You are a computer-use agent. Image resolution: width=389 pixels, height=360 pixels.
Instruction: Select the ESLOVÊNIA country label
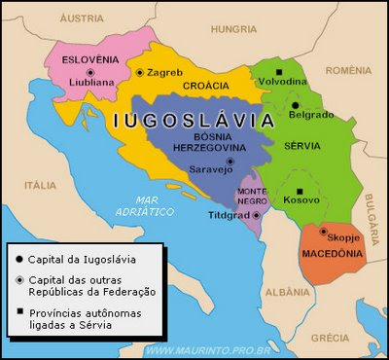[x=89, y=58]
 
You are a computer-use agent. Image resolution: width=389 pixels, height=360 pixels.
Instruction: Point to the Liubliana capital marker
[x=90, y=73]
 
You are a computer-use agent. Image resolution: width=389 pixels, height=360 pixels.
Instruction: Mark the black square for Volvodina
[x=280, y=72]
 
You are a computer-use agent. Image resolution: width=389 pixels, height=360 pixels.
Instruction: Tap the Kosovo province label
[x=301, y=200]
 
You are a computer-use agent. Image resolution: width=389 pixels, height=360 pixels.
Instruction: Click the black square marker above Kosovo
[x=301, y=190]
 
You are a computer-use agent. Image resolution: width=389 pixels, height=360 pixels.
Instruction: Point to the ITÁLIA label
[x=40, y=184]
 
